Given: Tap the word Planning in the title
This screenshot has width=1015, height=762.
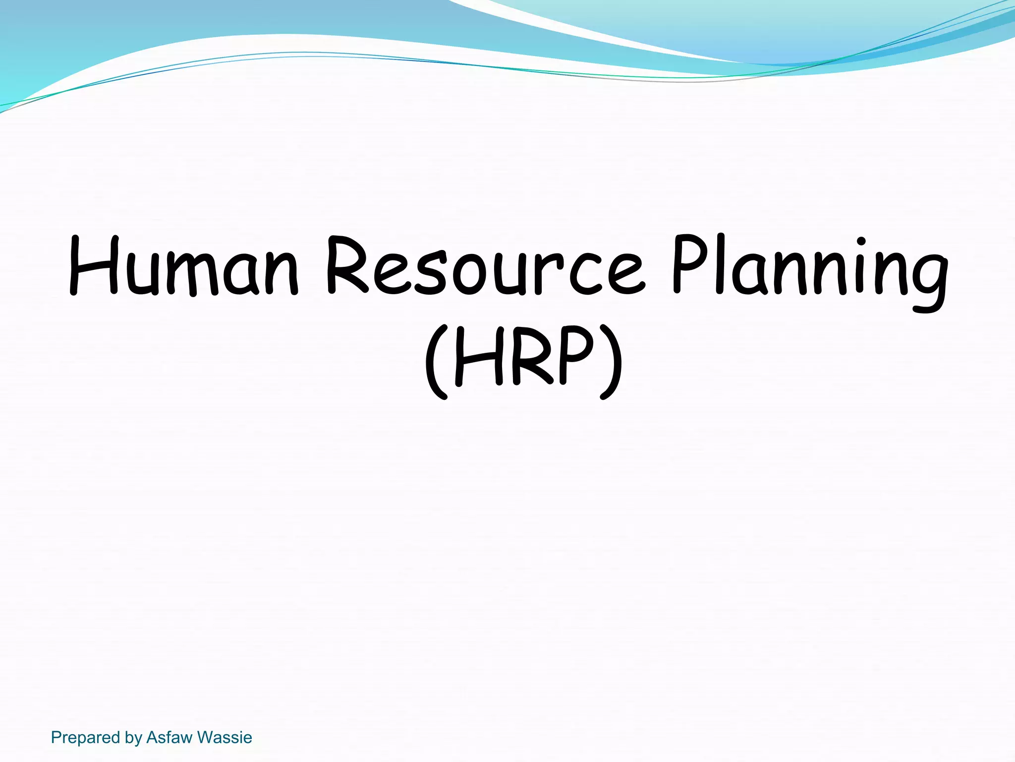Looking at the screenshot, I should pyautogui.click(x=810, y=270).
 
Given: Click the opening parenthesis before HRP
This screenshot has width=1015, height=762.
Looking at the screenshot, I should pyautogui.click(x=436, y=362).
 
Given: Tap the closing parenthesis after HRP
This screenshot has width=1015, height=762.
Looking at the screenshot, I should pyautogui.click(x=611, y=362).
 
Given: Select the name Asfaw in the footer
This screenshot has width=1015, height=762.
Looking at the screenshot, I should pyautogui.click(x=169, y=738).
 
